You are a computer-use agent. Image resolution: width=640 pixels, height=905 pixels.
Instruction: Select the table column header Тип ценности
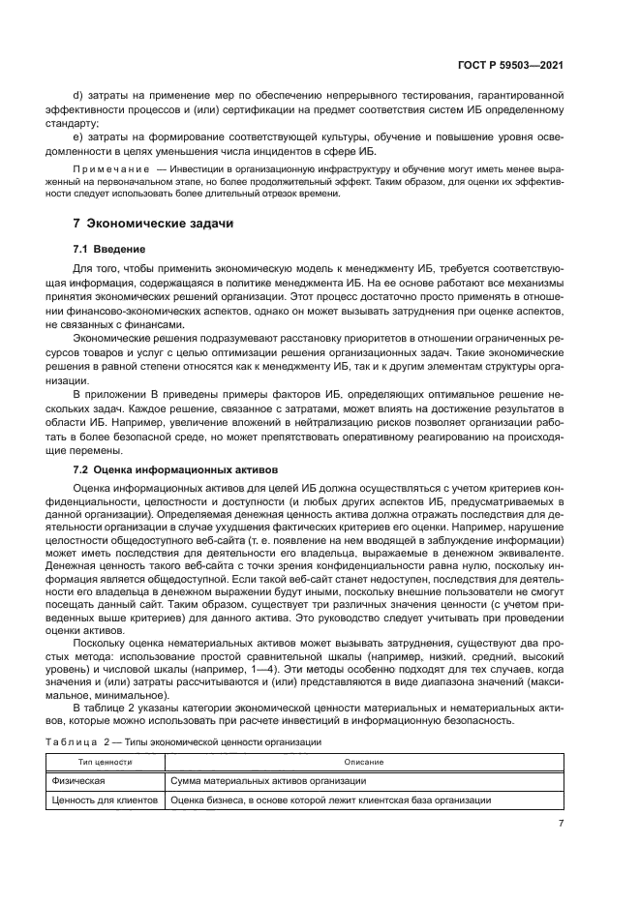tap(106, 762)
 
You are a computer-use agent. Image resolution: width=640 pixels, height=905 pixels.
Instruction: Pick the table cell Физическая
tap(79, 780)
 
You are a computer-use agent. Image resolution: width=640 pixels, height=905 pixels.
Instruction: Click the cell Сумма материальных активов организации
tap(267, 780)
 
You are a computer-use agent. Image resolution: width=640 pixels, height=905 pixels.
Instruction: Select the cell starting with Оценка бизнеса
tap(329, 800)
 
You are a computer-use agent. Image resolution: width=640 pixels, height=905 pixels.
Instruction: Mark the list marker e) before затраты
tap(78, 136)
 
